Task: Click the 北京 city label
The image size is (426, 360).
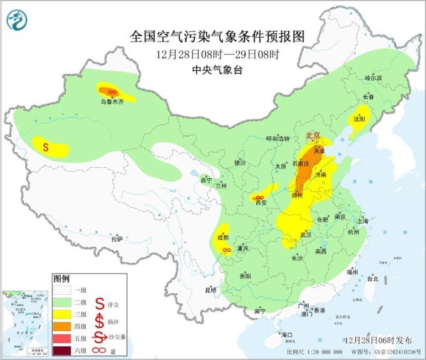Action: pyautogui.click(x=312, y=136)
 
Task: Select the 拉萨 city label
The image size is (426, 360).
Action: pyautogui.click(x=117, y=239)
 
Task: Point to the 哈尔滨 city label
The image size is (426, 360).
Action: pyautogui.click(x=373, y=78)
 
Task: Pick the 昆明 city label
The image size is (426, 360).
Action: pyautogui.click(x=210, y=289)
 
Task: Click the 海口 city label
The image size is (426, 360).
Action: pyautogui.click(x=288, y=335)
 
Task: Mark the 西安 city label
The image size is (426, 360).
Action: pyautogui.click(x=262, y=202)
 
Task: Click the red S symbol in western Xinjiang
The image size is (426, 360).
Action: pyautogui.click(x=46, y=148)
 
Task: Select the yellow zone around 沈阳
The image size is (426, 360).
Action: pyautogui.click(x=359, y=123)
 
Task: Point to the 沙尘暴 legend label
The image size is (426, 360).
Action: pyautogui.click(x=117, y=338)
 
